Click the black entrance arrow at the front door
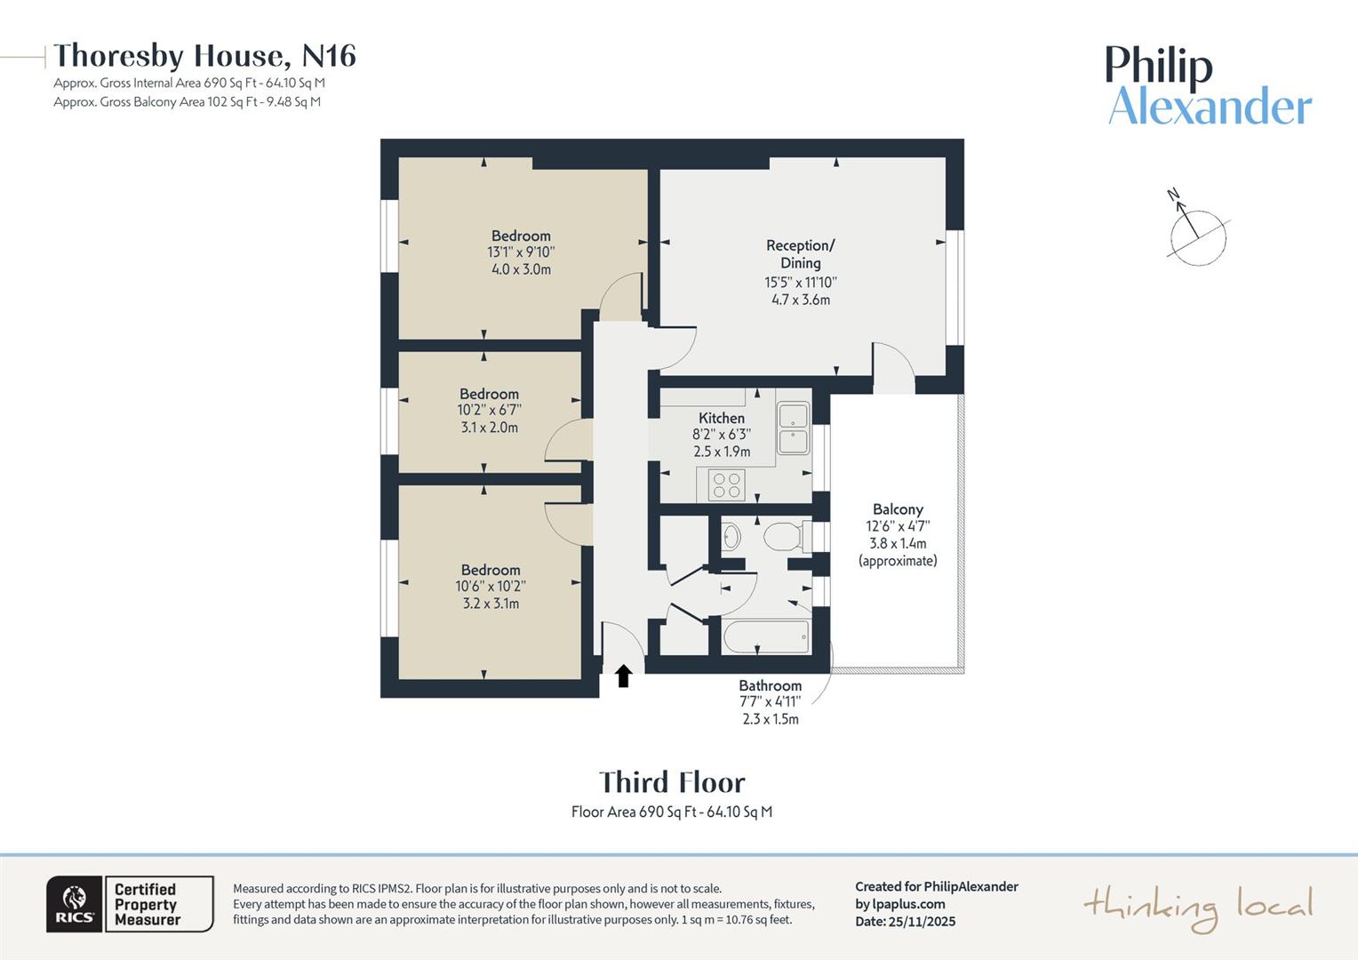point(623,676)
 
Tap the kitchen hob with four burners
point(727,485)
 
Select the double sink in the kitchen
point(793,428)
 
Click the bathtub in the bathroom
point(766,637)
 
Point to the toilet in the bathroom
point(783,537)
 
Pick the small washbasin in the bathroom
point(731,536)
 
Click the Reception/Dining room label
point(801,254)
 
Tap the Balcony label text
point(898,509)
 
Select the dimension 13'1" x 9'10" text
point(521,252)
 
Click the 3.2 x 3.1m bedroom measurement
point(491,604)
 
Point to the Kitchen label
point(722,418)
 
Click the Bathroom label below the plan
point(770,685)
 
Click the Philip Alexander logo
point(1208,86)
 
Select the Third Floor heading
point(672,782)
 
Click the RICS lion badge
point(75,904)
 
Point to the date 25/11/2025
point(922,922)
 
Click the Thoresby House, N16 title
point(205,56)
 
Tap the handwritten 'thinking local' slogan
point(1197,907)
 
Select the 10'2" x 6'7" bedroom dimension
point(489,411)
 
